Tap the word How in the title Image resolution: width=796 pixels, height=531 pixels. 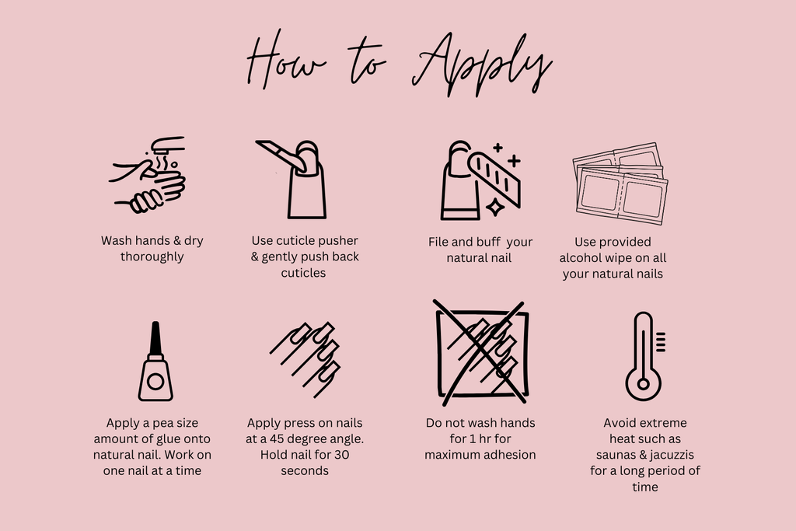[285, 61]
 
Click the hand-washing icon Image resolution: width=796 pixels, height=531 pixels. [148, 175]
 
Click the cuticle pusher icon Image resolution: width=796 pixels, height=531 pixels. [292, 179]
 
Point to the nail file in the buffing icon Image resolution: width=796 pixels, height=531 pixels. [494, 179]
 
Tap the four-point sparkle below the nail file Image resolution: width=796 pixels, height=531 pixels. [495, 207]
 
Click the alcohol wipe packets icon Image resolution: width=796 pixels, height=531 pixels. [620, 183]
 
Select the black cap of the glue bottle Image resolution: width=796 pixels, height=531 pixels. [155, 339]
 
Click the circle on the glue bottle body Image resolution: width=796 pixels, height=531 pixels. [155, 381]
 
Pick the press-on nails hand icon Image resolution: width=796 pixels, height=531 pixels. [305, 359]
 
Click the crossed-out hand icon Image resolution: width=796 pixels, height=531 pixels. [481, 353]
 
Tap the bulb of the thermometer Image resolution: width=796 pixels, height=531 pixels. [643, 384]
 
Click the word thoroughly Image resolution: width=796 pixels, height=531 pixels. [152, 257]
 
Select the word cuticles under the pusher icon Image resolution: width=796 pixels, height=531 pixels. [304, 273]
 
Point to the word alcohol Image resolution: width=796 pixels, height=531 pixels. [580, 258]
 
